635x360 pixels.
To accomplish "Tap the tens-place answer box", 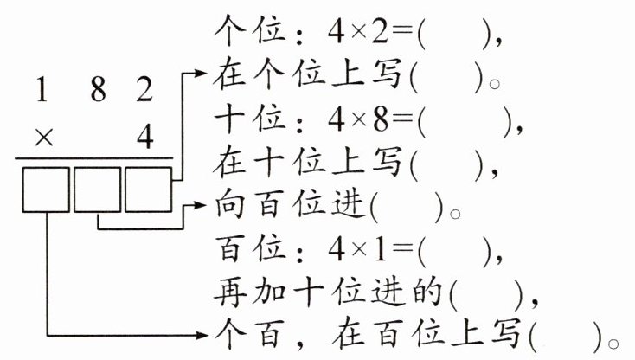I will tap(96, 190).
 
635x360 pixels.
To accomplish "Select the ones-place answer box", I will tap(148, 190).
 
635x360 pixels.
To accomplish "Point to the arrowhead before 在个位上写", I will tap(204, 75).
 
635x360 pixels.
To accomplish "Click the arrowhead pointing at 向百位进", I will tap(204, 208).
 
